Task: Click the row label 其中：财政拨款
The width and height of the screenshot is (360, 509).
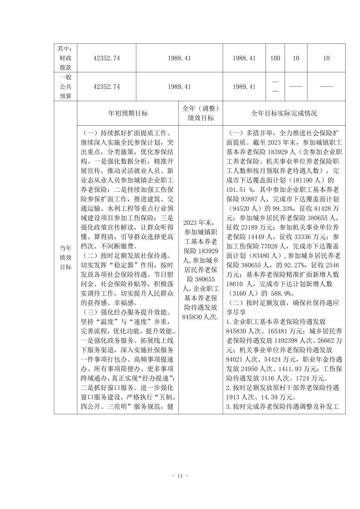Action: [x=66, y=58]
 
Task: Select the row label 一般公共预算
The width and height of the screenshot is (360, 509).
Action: [x=66, y=87]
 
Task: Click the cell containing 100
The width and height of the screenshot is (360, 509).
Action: [x=275, y=58]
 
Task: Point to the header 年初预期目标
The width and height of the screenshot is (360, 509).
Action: [x=128, y=113]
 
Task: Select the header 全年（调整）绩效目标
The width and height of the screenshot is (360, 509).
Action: [x=200, y=113]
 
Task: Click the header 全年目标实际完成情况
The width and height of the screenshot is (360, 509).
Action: [x=284, y=113]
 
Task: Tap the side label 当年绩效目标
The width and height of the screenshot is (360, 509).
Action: [x=66, y=258]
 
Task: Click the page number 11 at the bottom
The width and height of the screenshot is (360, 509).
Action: [x=180, y=476]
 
